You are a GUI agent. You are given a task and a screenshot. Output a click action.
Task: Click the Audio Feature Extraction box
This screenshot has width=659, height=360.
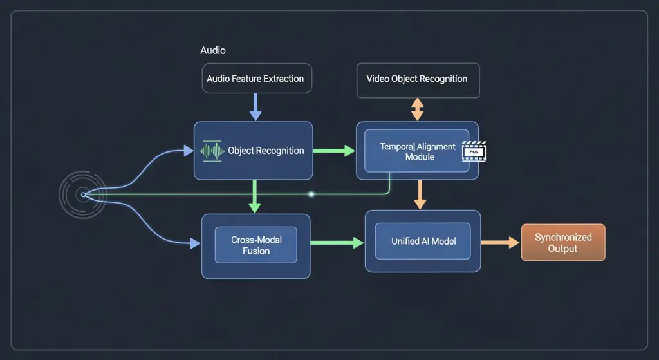click(x=256, y=79)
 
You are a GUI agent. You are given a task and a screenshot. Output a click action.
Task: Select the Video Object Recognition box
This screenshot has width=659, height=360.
click(x=417, y=79)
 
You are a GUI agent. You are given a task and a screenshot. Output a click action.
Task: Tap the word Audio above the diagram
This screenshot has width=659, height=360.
click(x=213, y=50)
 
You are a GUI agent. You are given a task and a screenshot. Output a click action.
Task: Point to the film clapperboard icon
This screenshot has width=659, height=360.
click(x=474, y=151)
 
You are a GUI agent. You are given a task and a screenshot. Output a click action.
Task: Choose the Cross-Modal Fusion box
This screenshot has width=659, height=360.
click(x=255, y=245)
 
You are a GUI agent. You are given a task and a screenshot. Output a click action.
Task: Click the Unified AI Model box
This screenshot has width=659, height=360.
click(x=423, y=241)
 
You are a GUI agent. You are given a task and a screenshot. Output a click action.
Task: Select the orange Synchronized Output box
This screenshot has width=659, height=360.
click(x=562, y=242)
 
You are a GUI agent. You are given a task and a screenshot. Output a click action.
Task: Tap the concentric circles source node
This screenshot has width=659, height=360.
click(x=82, y=194)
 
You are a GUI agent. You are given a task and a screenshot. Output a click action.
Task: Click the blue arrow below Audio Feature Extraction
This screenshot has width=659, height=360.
click(x=255, y=106)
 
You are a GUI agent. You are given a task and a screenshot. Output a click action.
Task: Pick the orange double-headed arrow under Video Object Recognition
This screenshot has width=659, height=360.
click(x=418, y=109)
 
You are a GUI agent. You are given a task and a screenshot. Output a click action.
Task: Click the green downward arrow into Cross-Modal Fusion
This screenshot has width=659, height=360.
click(x=255, y=196)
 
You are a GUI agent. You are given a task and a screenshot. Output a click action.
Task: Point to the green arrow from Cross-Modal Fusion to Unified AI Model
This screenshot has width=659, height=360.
click(x=337, y=243)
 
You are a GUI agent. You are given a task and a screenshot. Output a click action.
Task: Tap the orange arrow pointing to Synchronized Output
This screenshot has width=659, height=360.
click(x=501, y=242)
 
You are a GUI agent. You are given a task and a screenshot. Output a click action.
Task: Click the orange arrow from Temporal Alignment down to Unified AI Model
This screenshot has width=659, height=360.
click(x=420, y=194)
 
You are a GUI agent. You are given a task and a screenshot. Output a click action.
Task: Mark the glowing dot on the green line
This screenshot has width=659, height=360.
click(x=311, y=194)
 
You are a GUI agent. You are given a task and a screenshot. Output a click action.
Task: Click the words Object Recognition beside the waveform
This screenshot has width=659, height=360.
click(x=266, y=151)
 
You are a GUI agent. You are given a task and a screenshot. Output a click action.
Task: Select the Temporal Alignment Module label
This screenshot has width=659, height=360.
click(x=418, y=152)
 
